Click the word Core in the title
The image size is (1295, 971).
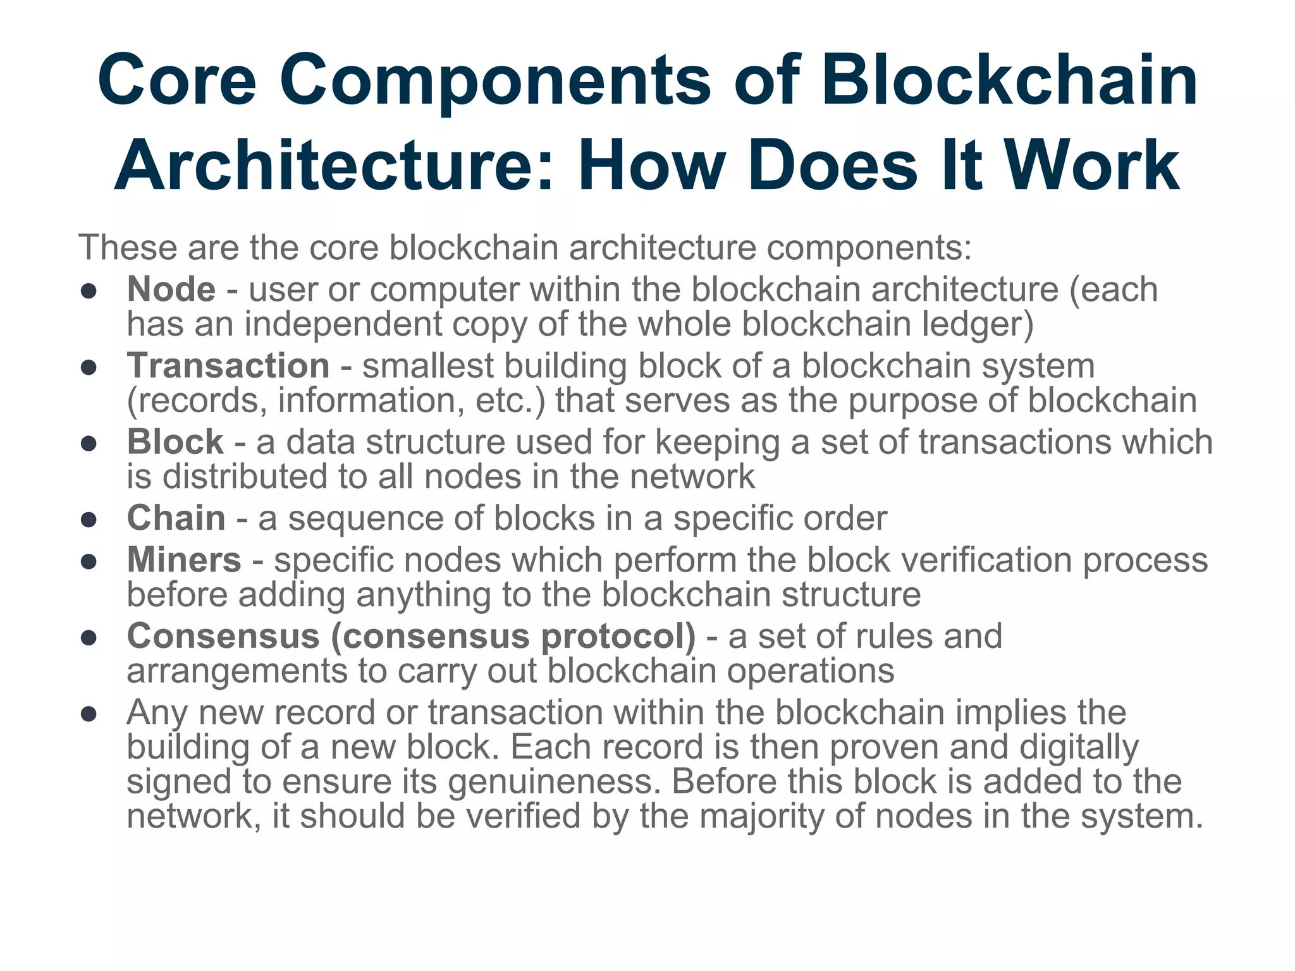[177, 81]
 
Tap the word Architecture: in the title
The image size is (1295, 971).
[334, 166]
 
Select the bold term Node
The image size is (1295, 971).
[171, 290]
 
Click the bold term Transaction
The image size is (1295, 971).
[228, 366]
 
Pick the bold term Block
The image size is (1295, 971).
[175, 442]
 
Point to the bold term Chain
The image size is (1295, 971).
[176, 518]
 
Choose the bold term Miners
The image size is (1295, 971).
[184, 560]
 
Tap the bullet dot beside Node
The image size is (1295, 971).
[89, 291]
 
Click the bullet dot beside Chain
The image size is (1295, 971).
[89, 520]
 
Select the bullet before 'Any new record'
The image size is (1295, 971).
[89, 714]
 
